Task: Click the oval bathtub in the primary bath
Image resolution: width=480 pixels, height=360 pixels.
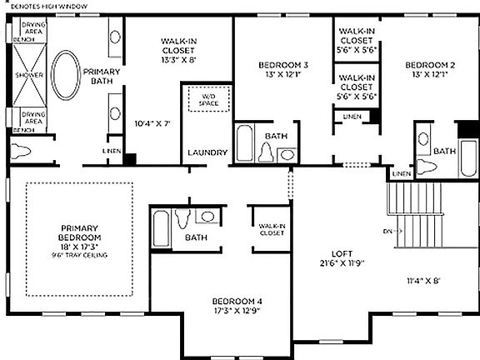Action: click(66, 77)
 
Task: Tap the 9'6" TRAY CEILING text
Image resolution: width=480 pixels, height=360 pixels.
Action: click(79, 254)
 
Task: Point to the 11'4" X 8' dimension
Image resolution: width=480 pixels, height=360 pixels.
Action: click(424, 281)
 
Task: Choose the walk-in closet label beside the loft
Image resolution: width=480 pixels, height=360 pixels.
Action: click(272, 229)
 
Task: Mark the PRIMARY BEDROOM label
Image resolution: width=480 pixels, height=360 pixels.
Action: click(79, 232)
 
